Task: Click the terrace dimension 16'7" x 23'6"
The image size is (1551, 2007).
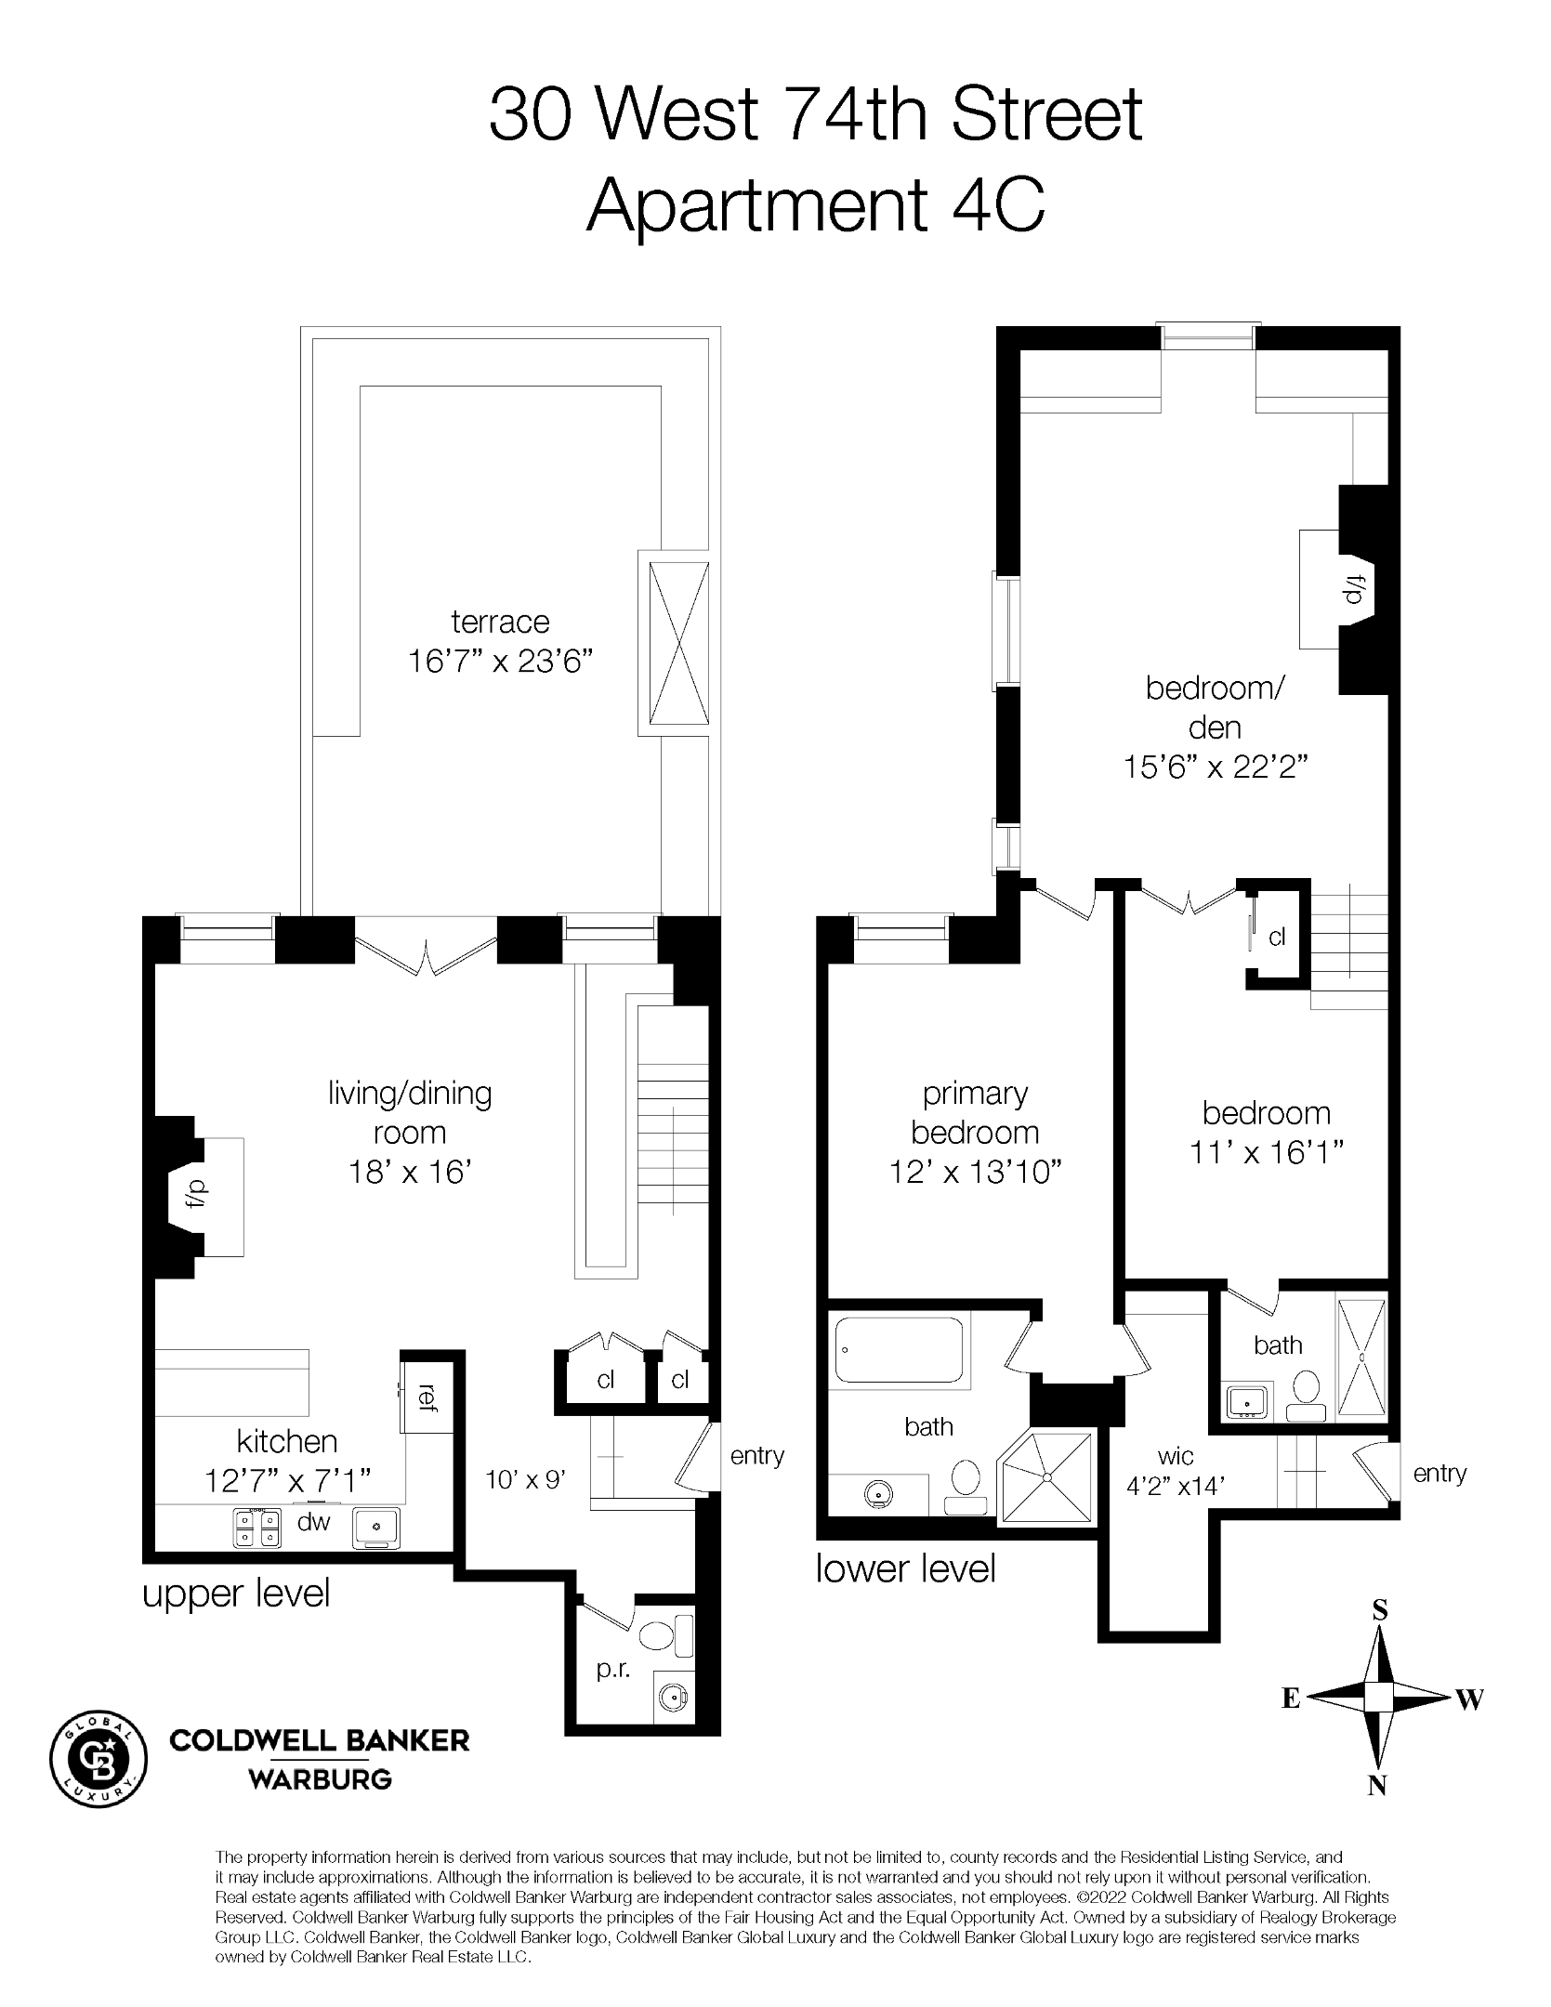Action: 500,662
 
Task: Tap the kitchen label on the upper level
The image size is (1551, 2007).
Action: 286,1441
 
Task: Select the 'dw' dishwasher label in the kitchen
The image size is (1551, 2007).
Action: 313,1521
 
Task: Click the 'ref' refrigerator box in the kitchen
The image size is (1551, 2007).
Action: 426,1397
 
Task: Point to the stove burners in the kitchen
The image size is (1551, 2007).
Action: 256,1528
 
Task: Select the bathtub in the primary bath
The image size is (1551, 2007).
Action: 899,1350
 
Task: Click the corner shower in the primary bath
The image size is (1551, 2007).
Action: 1045,1476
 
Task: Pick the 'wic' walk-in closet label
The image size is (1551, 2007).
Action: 1176,1455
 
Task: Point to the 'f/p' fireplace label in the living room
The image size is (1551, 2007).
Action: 198,1192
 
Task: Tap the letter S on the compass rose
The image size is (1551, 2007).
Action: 1380,1609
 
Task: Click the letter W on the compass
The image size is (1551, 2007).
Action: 1469,1699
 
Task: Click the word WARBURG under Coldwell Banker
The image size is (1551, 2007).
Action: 319,1779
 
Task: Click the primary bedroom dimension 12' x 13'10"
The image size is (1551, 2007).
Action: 976,1172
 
